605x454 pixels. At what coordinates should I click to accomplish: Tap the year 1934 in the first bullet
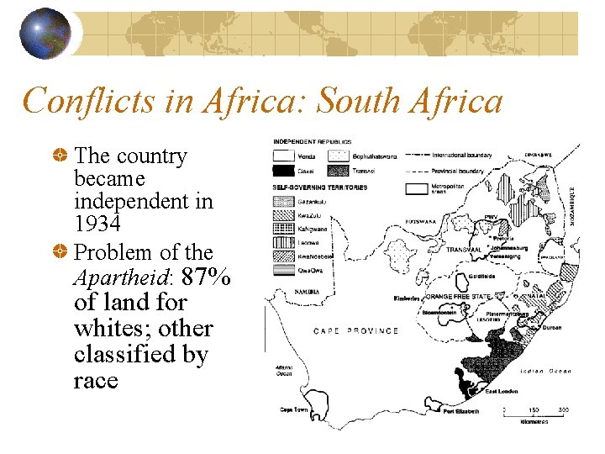point(97,224)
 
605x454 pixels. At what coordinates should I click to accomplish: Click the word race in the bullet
point(96,381)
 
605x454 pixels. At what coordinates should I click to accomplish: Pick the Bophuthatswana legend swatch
point(339,156)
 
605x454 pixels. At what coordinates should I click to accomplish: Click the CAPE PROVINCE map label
point(356,330)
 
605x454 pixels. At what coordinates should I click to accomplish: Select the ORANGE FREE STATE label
point(458,297)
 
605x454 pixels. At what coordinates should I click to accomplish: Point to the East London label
point(501,392)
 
